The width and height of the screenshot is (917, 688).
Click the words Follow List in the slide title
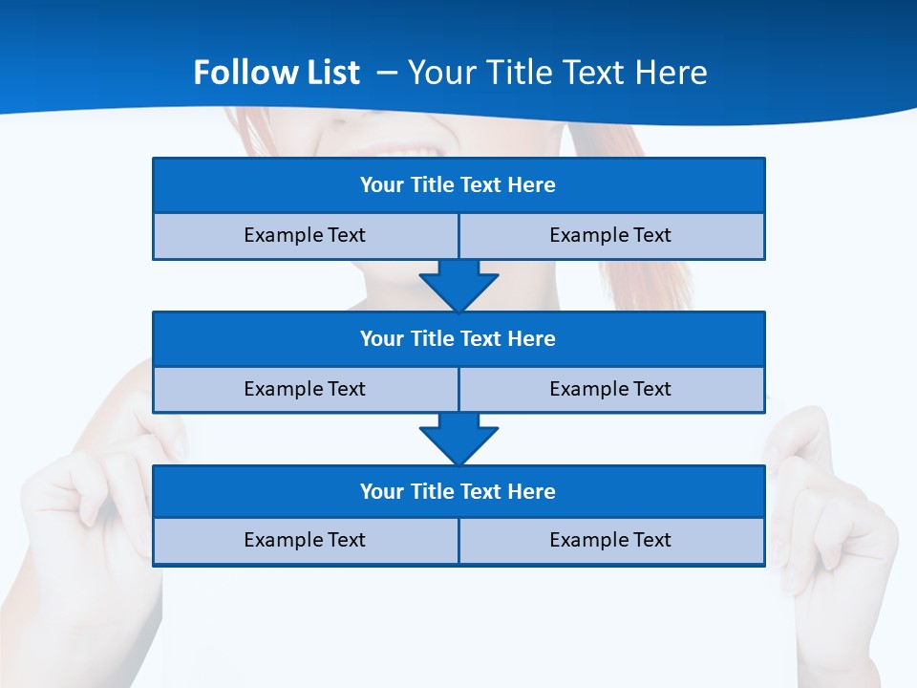[276, 73]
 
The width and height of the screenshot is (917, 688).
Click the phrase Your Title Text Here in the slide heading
[557, 73]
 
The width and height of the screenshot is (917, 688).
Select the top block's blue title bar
[458, 185]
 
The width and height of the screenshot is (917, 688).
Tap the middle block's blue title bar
[458, 339]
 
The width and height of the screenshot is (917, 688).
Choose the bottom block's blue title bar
[458, 492]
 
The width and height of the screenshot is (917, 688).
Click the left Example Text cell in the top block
[305, 236]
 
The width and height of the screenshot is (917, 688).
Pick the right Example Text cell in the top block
[610, 236]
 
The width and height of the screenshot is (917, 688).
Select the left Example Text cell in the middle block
[305, 390]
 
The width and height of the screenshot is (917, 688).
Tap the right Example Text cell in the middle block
[610, 390]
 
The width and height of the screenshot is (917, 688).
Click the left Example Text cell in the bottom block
[305, 541]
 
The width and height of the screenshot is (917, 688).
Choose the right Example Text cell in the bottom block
[610, 541]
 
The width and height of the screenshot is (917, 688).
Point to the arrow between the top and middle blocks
[458, 286]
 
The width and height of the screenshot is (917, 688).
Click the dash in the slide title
[387, 73]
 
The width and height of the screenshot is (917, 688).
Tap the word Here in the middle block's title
[532, 339]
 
